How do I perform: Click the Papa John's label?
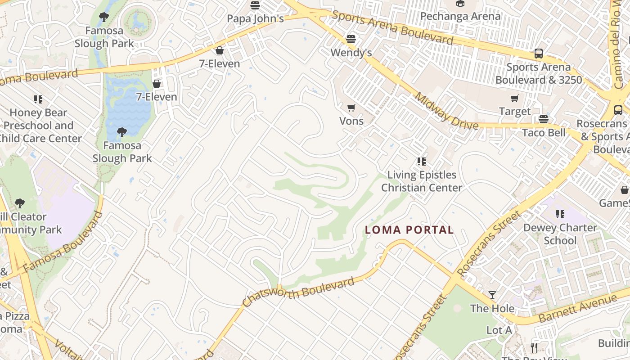(255, 18)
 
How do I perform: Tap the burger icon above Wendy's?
(351, 39)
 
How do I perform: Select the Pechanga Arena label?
(460, 16)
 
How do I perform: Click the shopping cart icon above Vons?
(351, 108)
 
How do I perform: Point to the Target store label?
(514, 111)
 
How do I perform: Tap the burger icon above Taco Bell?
(544, 119)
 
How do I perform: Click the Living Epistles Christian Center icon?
(422, 161)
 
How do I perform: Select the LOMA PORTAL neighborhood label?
(409, 230)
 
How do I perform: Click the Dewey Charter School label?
(560, 234)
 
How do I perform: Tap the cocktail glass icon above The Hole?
(492, 295)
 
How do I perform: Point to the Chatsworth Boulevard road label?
(299, 293)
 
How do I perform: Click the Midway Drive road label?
(445, 111)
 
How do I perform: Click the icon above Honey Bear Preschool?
(38, 99)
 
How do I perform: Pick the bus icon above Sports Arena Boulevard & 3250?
(538, 54)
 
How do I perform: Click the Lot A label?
(499, 330)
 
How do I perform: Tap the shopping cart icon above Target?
(514, 99)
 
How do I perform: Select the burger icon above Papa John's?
(255, 5)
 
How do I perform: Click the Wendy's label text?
(351, 53)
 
